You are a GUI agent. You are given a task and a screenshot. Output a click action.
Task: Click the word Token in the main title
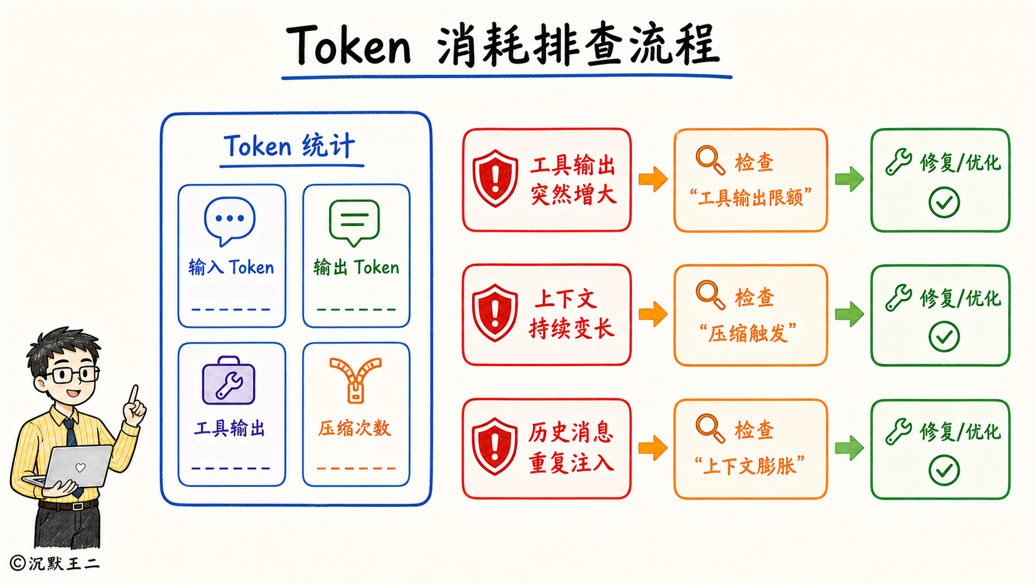pyautogui.click(x=349, y=45)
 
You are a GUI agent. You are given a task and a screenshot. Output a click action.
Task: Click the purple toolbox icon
pyautogui.click(x=228, y=380)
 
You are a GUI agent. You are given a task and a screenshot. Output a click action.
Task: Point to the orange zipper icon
pyautogui.click(x=355, y=380)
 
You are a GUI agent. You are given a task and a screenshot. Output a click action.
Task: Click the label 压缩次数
pyautogui.click(x=355, y=429)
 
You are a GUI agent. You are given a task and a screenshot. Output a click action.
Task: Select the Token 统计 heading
pyautogui.click(x=290, y=146)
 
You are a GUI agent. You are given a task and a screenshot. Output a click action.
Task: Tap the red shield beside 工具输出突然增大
pyautogui.click(x=495, y=178)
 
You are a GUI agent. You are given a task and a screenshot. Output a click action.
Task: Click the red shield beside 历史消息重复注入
pyautogui.click(x=495, y=447)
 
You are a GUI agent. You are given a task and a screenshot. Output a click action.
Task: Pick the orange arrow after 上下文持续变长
pyautogui.click(x=653, y=314)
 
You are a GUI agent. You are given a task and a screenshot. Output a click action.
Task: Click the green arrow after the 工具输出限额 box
pyautogui.click(x=849, y=179)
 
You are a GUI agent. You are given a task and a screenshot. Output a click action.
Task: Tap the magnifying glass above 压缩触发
pyautogui.click(x=710, y=294)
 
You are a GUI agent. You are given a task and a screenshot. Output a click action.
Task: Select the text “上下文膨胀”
pyautogui.click(x=750, y=466)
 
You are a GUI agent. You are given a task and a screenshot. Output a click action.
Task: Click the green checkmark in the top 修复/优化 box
pyautogui.click(x=944, y=203)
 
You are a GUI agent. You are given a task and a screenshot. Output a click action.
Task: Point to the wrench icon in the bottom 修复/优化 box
pyautogui.click(x=899, y=432)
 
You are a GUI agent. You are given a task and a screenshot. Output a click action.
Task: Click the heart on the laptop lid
pyautogui.click(x=80, y=467)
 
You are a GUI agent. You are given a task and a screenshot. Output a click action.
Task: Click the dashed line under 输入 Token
pyautogui.click(x=230, y=309)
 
